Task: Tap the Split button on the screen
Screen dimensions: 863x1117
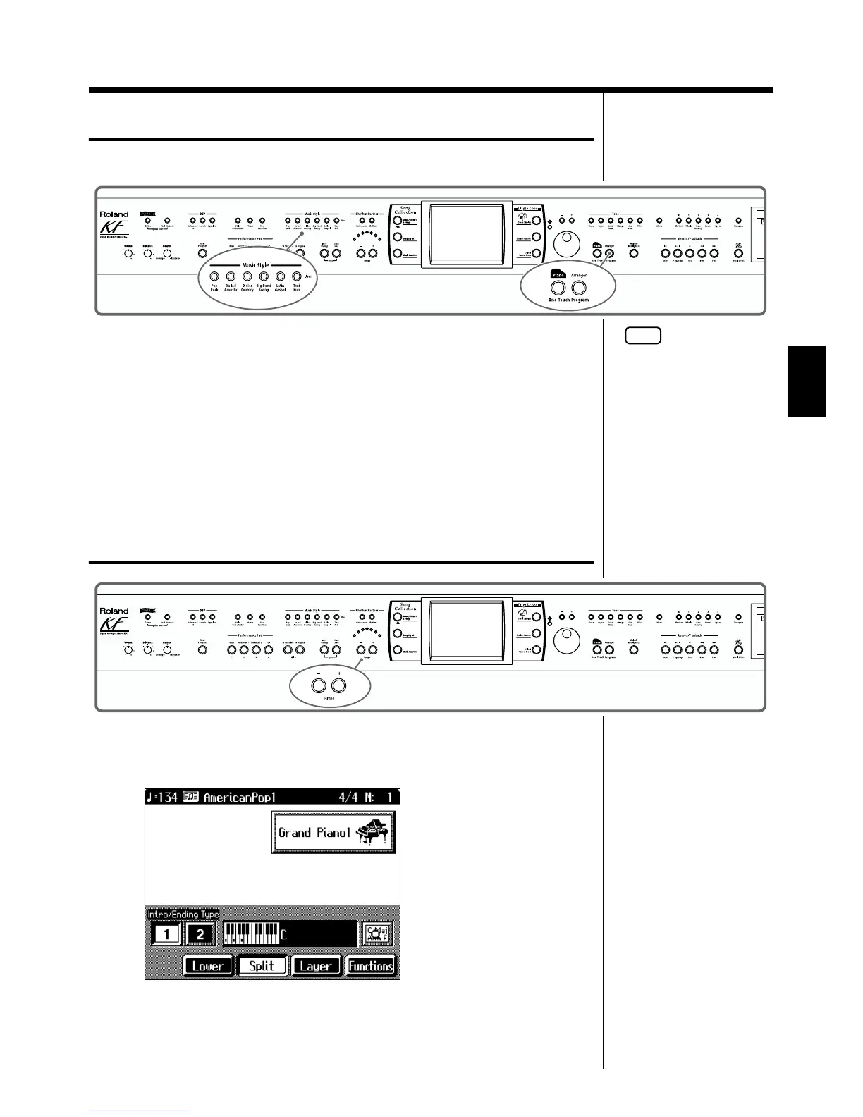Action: pos(262,965)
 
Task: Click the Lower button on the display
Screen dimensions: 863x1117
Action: pos(207,965)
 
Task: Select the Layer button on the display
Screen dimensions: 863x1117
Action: pos(315,965)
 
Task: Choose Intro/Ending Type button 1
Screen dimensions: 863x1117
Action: pos(166,934)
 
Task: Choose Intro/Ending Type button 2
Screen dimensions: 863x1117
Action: pos(200,934)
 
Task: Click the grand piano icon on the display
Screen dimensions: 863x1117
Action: pos(373,833)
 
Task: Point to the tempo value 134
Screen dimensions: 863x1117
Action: pos(166,798)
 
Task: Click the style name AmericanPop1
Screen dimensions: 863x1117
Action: pos(239,798)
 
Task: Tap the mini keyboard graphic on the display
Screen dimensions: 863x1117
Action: pos(251,934)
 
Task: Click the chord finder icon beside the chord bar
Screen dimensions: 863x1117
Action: pos(377,934)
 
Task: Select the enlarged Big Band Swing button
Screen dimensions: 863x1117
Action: pos(264,277)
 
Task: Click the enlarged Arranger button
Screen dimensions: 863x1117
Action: pos(579,288)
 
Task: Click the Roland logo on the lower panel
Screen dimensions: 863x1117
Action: pos(114,611)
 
